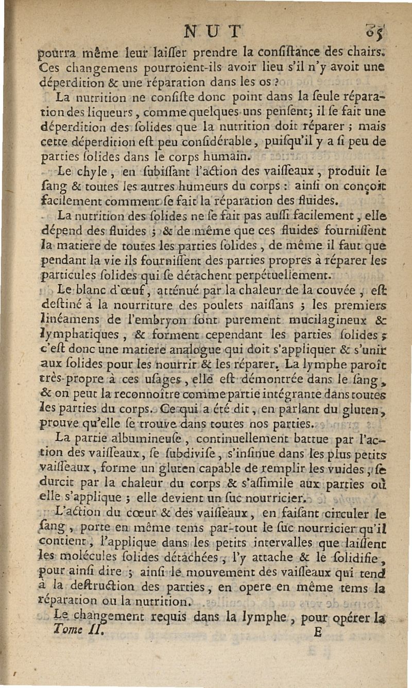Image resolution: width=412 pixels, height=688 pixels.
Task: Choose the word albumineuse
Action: click(161, 440)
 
